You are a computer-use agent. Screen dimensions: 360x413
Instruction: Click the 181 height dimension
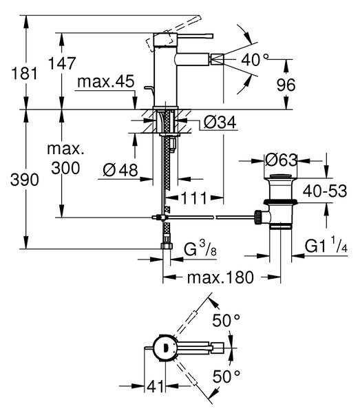coord(25,73)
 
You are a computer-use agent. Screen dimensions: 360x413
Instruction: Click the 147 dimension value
coord(62,63)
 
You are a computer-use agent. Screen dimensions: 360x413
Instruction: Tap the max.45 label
coord(106,81)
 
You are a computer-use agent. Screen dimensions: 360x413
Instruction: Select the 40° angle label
coord(255,59)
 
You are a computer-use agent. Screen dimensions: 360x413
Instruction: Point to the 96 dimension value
coord(286,85)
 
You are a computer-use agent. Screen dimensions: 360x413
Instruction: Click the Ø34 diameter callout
coord(220,123)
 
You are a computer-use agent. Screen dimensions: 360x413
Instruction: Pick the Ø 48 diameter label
coord(120,170)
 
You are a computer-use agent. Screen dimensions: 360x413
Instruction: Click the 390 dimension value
coord(25,180)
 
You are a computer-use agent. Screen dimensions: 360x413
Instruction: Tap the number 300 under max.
coord(65,168)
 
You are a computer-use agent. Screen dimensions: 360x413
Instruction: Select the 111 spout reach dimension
coord(194,198)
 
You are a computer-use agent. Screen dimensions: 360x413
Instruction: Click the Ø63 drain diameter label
coord(281,160)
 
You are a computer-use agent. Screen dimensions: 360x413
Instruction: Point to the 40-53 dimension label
coord(325,191)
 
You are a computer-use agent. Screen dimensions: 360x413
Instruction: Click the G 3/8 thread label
coord(200,249)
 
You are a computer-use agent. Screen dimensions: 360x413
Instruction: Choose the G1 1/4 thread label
coord(326,246)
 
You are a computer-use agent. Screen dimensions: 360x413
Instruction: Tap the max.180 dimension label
coord(220,277)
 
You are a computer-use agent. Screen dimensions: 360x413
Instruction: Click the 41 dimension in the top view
coord(155,387)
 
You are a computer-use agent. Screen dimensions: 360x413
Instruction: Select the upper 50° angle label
coord(226,320)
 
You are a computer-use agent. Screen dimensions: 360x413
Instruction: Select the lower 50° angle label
coord(226,376)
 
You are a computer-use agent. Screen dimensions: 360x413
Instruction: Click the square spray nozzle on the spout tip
coord(216,59)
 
